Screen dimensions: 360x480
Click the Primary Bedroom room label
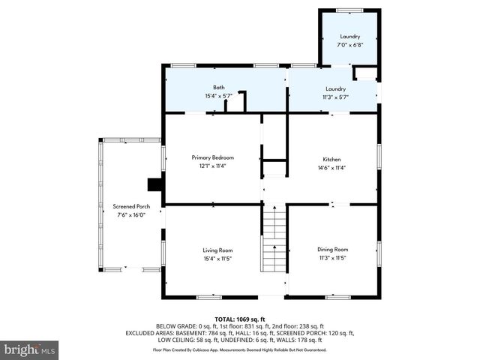coord(213,157)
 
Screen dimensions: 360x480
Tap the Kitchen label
coord(331,160)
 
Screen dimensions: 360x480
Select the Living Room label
coord(217,250)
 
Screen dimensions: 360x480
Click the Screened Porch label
coord(131,206)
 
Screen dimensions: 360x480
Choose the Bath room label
coord(218,88)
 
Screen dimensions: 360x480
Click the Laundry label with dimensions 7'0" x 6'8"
coord(349,36)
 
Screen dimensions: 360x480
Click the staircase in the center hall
coord(274,239)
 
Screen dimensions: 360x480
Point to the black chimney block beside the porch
coord(155,184)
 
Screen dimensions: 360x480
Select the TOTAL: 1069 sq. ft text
coord(240,319)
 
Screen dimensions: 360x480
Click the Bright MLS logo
coord(30,349)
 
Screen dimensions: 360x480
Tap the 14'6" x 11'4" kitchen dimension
coord(331,168)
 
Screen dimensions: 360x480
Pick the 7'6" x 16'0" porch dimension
coord(131,215)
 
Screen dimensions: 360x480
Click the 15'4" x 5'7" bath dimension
coord(218,96)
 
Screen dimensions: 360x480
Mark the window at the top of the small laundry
coord(349,10)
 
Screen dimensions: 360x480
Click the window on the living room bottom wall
coord(209,298)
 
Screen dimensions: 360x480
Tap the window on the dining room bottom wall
coord(337,298)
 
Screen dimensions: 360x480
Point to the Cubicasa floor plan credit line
coord(240,349)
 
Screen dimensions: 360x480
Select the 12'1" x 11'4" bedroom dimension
coord(213,166)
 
